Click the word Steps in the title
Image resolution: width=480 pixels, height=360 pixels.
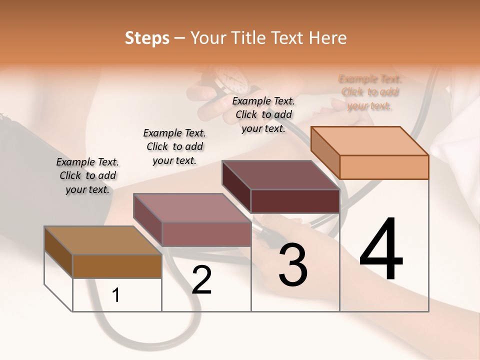pos(147,38)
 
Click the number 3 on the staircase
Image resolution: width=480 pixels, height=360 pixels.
pos(293,265)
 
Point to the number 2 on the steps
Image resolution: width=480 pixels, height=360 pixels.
pos(201,280)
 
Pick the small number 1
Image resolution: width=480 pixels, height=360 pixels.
pos(116,295)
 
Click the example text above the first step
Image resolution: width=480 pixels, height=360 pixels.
pos(87,175)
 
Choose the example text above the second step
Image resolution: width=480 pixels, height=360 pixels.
pos(174,146)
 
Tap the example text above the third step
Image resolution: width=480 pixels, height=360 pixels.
pos(263,114)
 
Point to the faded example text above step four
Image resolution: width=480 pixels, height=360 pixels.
pos(370,92)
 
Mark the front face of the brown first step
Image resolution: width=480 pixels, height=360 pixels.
pos(117,266)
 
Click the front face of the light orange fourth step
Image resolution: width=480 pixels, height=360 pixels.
pos(384,167)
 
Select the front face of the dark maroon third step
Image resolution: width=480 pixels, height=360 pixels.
pos(295,201)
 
